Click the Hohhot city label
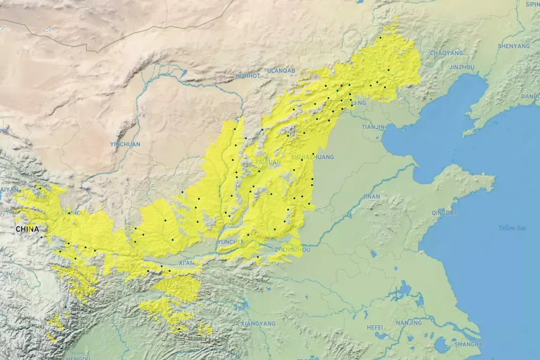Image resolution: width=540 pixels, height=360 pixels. click(x=248, y=76)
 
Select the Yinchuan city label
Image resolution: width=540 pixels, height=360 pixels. click(x=125, y=144)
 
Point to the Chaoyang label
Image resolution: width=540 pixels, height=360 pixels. click(x=446, y=53)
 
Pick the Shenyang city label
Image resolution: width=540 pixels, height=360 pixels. click(x=514, y=46)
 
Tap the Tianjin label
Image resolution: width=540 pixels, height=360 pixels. click(x=373, y=127)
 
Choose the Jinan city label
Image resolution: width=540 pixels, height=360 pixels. click(x=371, y=196)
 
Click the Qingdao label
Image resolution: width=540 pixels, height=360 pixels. click(x=445, y=213)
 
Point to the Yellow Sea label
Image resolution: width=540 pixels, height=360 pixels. click(x=512, y=228)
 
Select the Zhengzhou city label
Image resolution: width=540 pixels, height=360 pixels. click(x=292, y=249)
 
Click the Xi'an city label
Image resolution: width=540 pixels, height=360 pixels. click(x=186, y=263)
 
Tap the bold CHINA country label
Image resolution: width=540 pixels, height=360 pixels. click(x=27, y=229)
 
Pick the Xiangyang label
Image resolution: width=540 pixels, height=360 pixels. click(x=258, y=323)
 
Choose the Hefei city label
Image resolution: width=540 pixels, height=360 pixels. click(x=375, y=327)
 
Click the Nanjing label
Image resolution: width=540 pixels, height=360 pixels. click(x=409, y=323)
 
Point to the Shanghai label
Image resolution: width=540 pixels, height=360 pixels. click(x=470, y=344)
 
